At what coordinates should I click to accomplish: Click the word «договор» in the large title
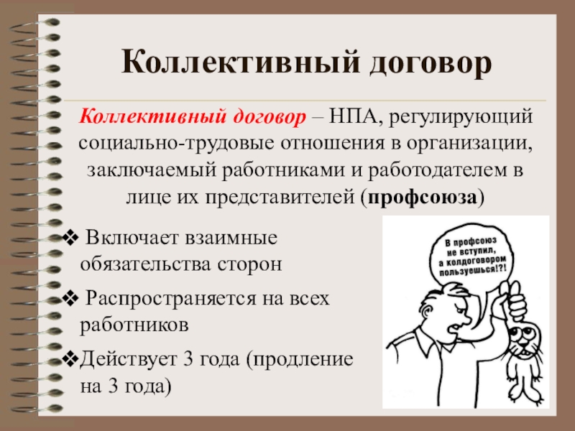430,63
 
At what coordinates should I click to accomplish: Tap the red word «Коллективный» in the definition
152,117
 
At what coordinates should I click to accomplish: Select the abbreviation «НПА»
354,117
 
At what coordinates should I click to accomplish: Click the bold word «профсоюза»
423,198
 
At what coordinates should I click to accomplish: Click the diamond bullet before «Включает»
70,238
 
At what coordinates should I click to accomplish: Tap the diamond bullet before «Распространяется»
70,298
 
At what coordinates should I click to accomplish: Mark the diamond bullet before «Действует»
70,359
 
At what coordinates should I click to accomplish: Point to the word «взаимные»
231,238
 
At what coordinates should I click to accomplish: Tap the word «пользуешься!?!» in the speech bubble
474,271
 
